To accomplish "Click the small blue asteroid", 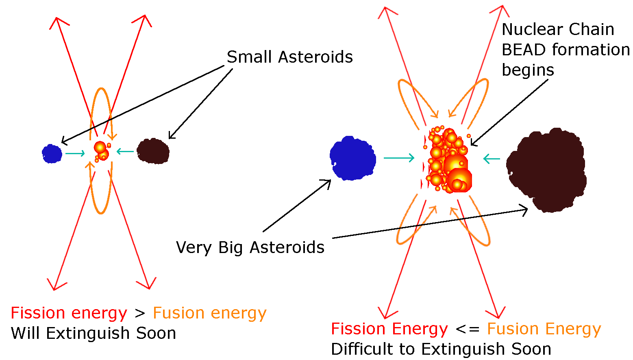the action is (x=52, y=153).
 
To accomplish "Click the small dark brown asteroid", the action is (x=153, y=151).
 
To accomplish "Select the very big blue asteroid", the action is (x=353, y=158).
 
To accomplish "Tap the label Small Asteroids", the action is (x=289, y=57).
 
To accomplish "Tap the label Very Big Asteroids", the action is (x=250, y=248).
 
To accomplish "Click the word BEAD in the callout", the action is (x=524, y=50).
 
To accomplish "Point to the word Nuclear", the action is (x=533, y=29).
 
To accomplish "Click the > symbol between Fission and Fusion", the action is (x=140, y=313).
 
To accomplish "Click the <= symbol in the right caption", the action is (x=468, y=329).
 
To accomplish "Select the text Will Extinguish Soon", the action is (x=93, y=333).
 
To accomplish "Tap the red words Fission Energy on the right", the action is (x=389, y=329).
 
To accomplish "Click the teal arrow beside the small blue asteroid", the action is (x=75, y=153).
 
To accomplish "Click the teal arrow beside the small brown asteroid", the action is (x=125, y=152).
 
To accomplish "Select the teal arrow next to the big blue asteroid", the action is (x=399, y=158).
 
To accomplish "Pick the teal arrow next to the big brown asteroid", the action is (x=492, y=159).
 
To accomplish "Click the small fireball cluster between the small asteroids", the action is (x=102, y=151).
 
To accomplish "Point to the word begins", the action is (x=528, y=70).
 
